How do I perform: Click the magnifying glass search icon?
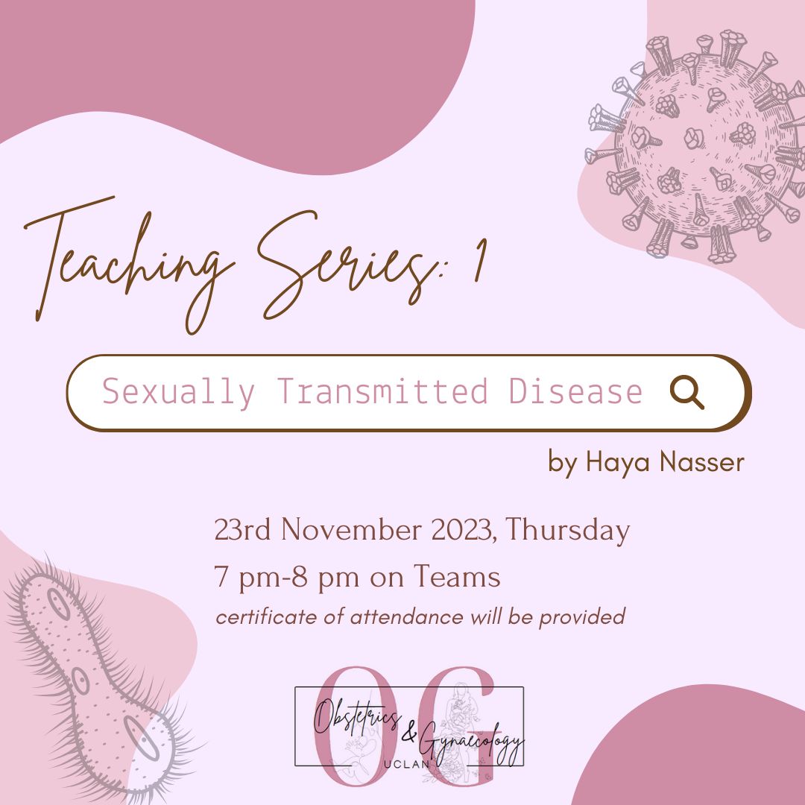(686, 392)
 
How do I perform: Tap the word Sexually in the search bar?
(179, 392)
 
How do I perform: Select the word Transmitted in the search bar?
(382, 391)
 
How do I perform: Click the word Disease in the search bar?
(575, 391)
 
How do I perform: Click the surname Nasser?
(702, 461)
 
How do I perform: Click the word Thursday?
(567, 531)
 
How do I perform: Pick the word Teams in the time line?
(457, 576)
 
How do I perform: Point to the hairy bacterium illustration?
(98, 678)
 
